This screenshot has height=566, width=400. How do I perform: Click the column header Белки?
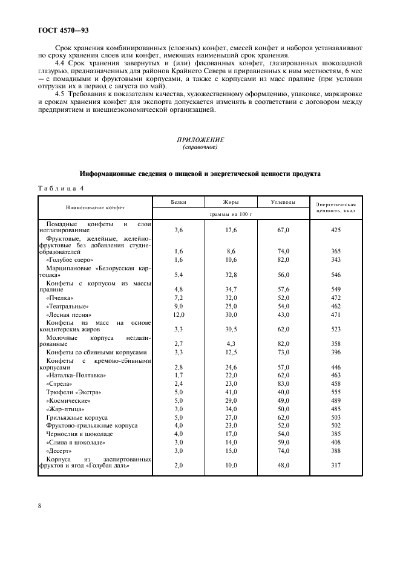[x=179, y=202]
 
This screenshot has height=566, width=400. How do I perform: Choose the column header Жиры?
[x=231, y=202]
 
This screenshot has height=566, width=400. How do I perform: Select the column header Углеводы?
[x=283, y=202]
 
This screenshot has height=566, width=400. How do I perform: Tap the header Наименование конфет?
[x=95, y=207]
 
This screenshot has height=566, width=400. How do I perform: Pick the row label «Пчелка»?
[x=59, y=298]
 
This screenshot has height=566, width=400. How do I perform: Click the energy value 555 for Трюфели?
[x=336, y=392]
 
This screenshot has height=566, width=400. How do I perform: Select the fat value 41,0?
[x=231, y=392]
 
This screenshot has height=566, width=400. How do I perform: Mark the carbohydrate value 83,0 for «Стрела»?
[x=283, y=383]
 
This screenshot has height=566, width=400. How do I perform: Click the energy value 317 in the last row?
[x=336, y=464]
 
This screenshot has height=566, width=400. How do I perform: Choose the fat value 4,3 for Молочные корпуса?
[x=231, y=343]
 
